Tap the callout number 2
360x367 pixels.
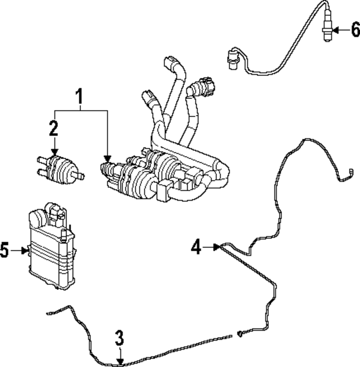[53, 129]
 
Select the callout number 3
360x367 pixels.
[119, 338]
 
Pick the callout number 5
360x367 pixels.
[5, 250]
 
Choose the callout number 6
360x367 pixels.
[354, 29]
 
